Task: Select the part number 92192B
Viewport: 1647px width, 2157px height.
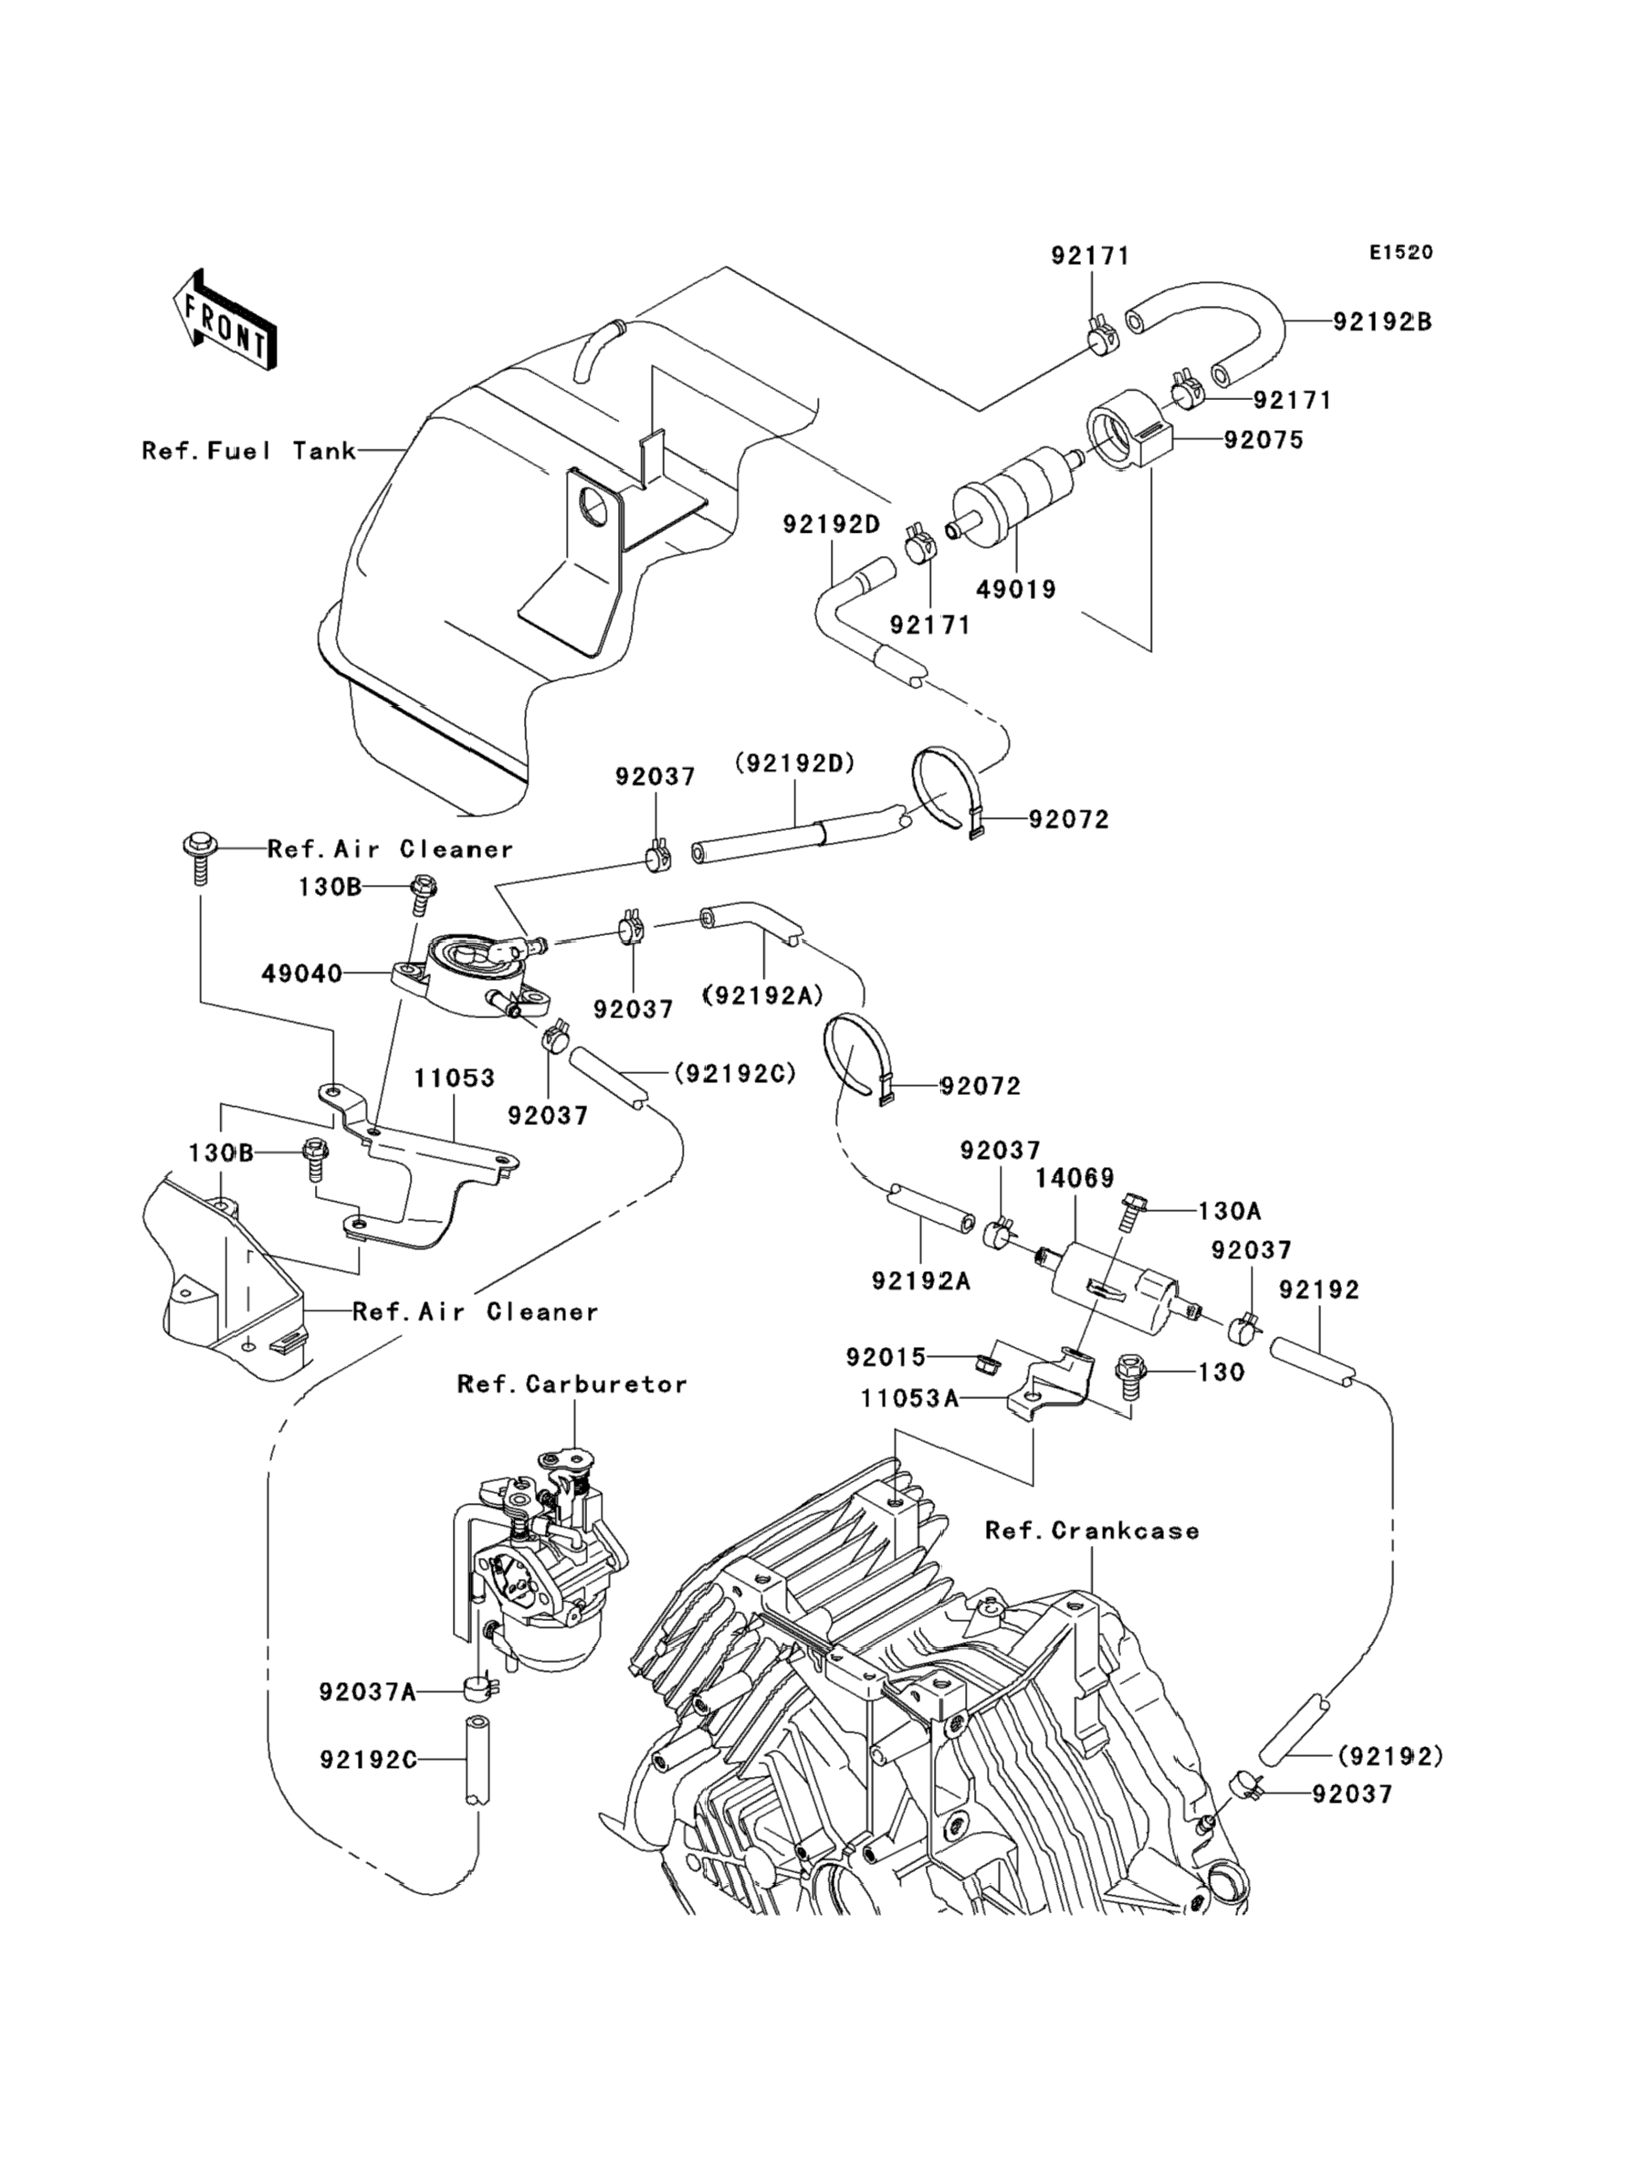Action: pyautogui.click(x=1382, y=321)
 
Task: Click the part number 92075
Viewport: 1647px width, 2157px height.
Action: pyautogui.click(x=1264, y=440)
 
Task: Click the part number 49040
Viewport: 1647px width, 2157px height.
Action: pyautogui.click(x=302, y=973)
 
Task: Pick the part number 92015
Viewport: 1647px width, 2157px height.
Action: pyautogui.click(x=886, y=1357)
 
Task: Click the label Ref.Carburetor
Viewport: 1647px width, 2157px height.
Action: pyautogui.click(x=572, y=1384)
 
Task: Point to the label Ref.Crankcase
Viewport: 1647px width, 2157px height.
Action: pyautogui.click(x=1092, y=1531)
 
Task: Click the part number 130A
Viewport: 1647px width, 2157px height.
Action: pyautogui.click(x=1230, y=1212)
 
